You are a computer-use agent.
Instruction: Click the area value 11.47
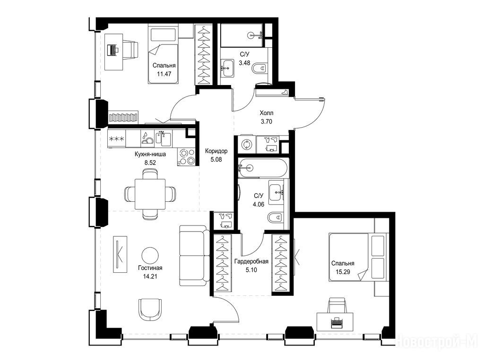[x=164, y=74]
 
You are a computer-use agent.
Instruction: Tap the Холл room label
[x=267, y=113]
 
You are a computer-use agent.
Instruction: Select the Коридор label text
[x=216, y=151]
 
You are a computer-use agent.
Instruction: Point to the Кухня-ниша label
[x=150, y=155]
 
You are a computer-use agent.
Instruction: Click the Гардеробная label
[x=251, y=261]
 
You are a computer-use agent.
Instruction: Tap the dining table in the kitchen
[x=150, y=194]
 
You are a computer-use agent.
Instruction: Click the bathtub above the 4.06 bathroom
[x=263, y=168]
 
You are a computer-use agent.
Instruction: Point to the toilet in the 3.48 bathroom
[x=259, y=68]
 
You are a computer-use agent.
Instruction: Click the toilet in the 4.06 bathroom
[x=276, y=218]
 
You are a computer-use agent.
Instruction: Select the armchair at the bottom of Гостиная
[x=150, y=310]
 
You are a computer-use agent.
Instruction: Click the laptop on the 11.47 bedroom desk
[x=112, y=50]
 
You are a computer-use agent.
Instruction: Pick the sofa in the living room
[x=192, y=255]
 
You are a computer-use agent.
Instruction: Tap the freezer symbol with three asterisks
[x=117, y=138]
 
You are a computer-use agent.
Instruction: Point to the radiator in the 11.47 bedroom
[x=123, y=117]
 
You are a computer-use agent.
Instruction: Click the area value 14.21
[x=150, y=276]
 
